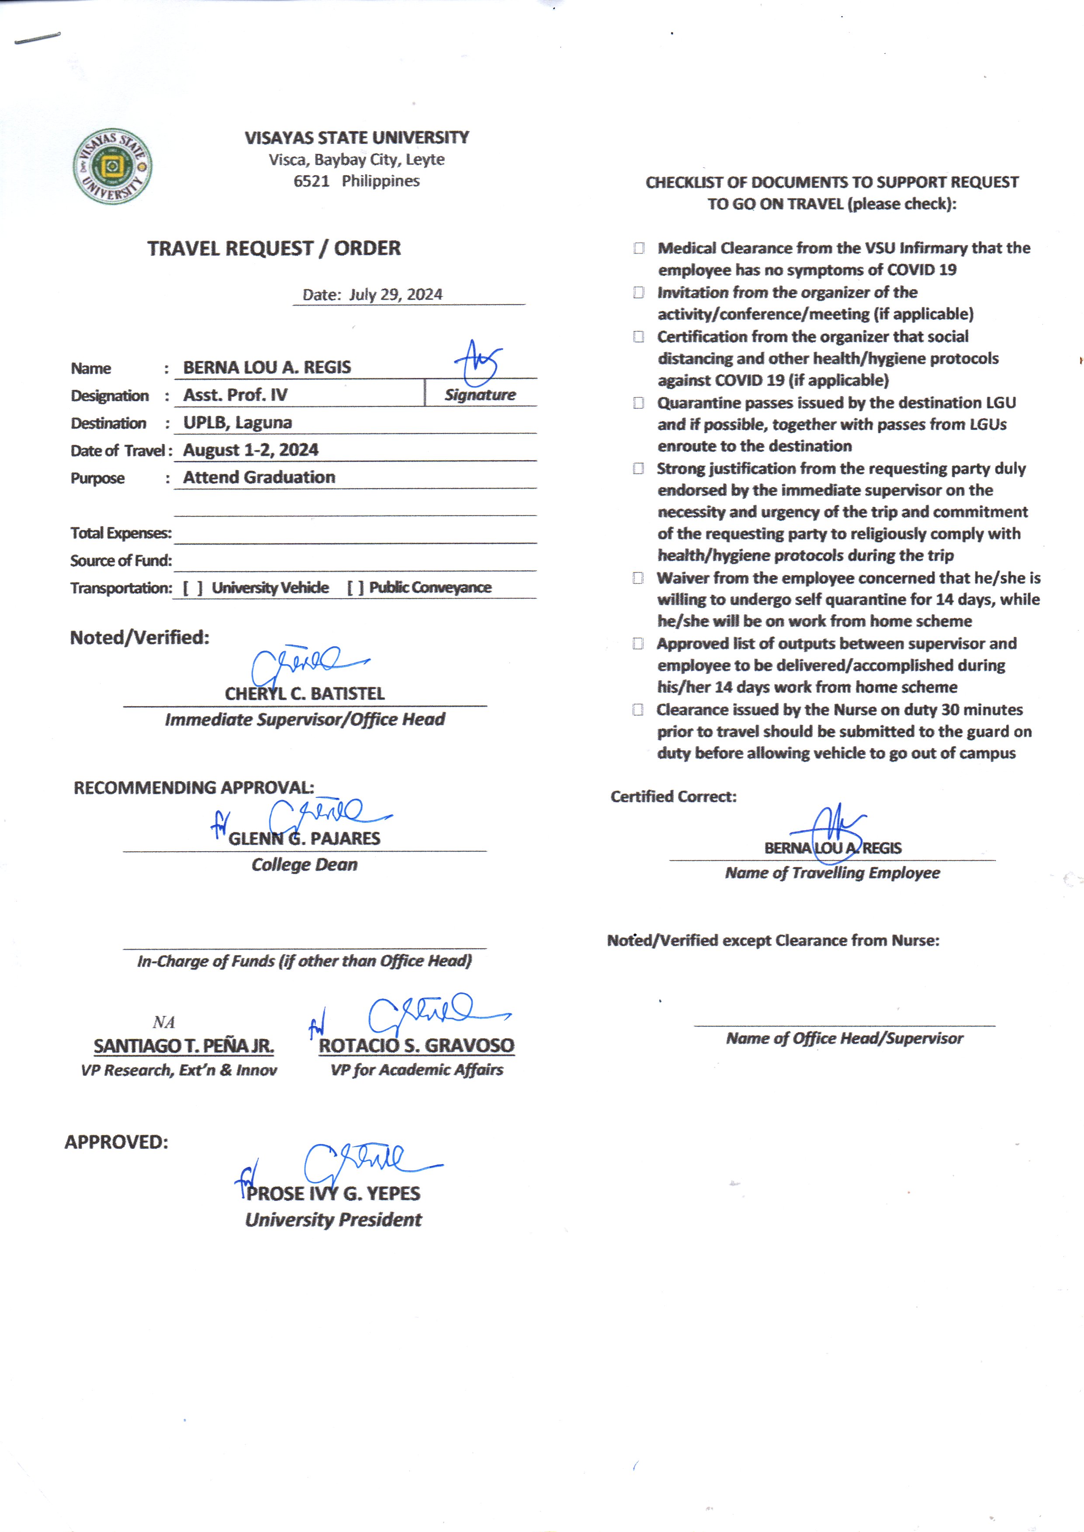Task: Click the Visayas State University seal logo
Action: coord(112,166)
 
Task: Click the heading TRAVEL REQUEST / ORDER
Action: coord(274,248)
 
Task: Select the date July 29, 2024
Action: coord(395,295)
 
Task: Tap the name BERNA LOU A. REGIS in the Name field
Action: coord(267,367)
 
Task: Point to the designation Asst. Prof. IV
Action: coord(236,395)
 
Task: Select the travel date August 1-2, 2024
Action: coord(251,450)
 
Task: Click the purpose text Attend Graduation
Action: coord(259,477)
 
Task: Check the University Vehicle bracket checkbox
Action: coord(193,587)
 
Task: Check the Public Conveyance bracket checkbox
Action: coord(355,587)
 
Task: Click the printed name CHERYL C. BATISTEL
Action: coord(305,693)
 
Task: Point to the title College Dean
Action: coord(305,864)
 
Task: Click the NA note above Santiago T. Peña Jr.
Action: coord(163,1022)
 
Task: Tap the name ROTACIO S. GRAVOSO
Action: coord(416,1045)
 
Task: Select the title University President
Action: coord(333,1220)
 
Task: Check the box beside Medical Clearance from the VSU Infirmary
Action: coord(639,248)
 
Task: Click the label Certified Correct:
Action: coord(673,797)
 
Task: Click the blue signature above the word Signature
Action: coord(479,363)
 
